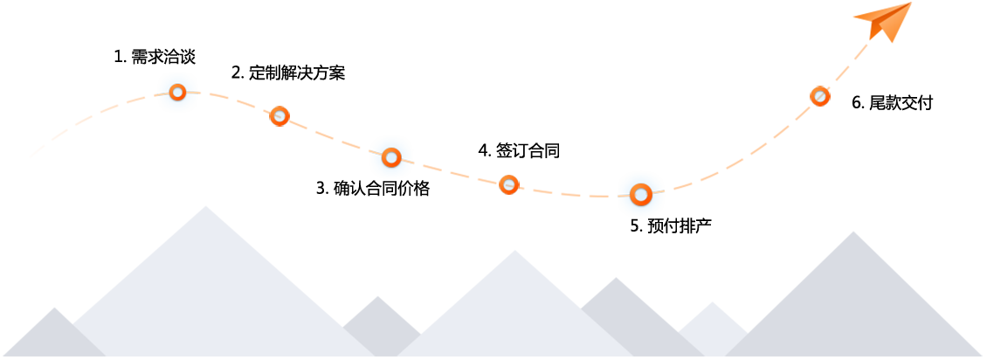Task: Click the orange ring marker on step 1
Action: click(177, 92)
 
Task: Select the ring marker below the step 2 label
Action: click(280, 116)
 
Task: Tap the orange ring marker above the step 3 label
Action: click(391, 157)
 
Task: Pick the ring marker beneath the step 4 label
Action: click(509, 184)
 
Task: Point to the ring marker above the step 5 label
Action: click(641, 194)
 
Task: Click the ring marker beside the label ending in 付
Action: click(819, 96)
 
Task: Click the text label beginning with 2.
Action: click(288, 73)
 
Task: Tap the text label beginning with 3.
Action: click(373, 188)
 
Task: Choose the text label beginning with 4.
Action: click(518, 150)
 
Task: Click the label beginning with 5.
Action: click(671, 225)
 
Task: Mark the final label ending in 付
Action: click(893, 103)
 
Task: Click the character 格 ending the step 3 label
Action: click(423, 188)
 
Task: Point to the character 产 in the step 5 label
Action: click(704, 225)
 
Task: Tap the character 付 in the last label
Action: click(926, 103)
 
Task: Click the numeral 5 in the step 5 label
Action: click(635, 225)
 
